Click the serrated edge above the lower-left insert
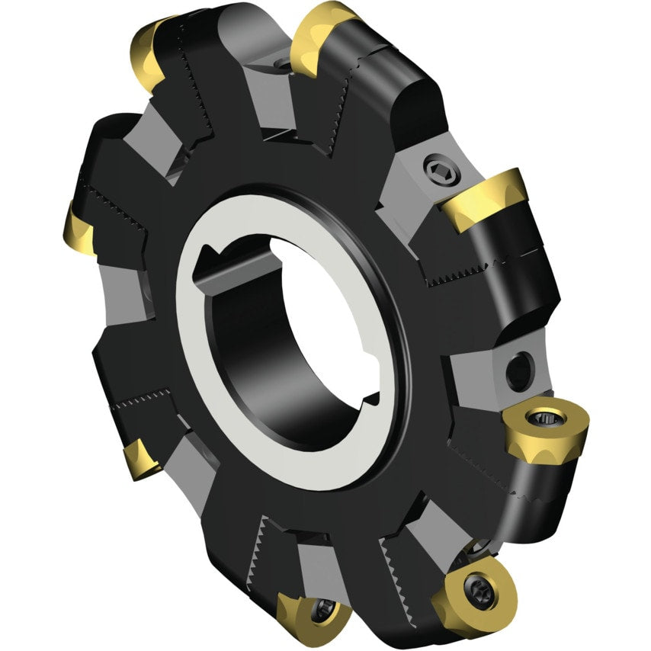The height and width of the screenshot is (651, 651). pos(141,398)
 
